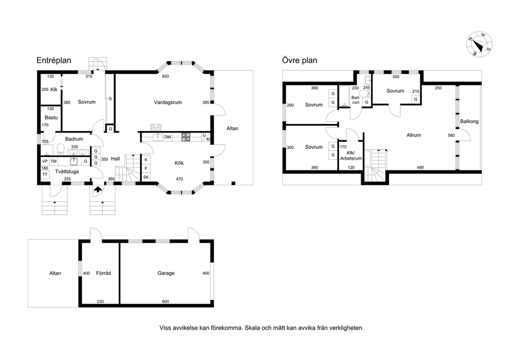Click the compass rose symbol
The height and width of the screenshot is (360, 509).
(x=479, y=44)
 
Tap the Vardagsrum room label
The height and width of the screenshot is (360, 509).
(x=167, y=102)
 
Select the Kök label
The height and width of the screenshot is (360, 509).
(x=179, y=163)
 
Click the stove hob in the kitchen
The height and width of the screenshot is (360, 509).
(x=186, y=137)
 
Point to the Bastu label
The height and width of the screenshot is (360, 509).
(x=51, y=118)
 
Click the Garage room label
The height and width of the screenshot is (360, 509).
(x=166, y=273)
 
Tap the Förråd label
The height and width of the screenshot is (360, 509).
(x=104, y=273)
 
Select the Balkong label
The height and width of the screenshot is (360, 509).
(x=469, y=122)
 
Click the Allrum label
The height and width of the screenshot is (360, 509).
(x=414, y=135)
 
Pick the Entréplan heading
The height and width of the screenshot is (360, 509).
(x=54, y=61)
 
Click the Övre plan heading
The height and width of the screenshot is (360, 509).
(x=300, y=61)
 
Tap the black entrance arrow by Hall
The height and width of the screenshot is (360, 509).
(x=97, y=189)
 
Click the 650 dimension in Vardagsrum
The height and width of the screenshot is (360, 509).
(x=166, y=77)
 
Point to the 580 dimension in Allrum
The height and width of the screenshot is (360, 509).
(x=451, y=135)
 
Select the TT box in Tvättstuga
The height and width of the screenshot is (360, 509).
(x=45, y=175)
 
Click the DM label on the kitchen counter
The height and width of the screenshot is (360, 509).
(x=167, y=137)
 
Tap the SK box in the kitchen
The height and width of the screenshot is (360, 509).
(x=146, y=177)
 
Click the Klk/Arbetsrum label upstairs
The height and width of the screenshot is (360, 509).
(x=351, y=156)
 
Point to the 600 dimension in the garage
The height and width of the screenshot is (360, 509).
(x=166, y=301)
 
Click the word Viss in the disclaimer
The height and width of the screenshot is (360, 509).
(x=165, y=328)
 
